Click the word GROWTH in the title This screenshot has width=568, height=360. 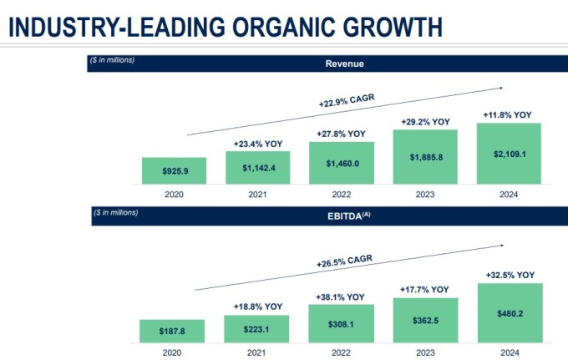click(393, 27)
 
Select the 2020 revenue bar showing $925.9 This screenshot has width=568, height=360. click(175, 170)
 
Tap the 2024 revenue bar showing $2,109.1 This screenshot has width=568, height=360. click(509, 154)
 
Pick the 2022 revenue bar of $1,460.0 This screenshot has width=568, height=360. click(342, 163)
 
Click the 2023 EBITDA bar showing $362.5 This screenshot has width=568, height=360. click(426, 320)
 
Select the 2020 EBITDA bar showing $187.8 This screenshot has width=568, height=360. click(172, 331)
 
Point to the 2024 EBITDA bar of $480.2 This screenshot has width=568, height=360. click(510, 313)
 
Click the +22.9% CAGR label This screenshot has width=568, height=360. click(347, 100)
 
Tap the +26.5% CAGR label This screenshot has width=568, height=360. click(344, 261)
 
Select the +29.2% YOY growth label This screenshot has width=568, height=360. click(426, 122)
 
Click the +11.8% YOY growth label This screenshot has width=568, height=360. click(507, 115)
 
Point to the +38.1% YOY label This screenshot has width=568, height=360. click(340, 297)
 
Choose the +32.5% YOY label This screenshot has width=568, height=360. click(510, 276)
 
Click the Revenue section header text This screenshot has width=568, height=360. click(344, 63)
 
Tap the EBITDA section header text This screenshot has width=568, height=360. click(349, 216)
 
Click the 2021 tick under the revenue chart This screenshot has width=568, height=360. click(257, 195)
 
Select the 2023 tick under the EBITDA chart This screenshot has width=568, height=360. click(426, 352)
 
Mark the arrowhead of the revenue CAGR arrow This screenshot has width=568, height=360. click(501, 88)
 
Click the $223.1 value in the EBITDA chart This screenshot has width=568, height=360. click(256, 329)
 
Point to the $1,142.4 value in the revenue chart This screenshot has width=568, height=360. click(259, 168)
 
